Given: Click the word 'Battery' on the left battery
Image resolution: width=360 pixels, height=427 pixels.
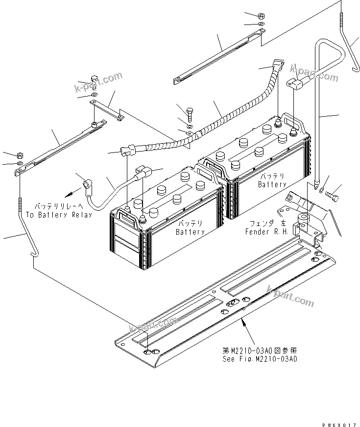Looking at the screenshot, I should (x=190, y=232).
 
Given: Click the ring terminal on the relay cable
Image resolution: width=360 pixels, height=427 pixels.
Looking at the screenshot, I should (x=85, y=184).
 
